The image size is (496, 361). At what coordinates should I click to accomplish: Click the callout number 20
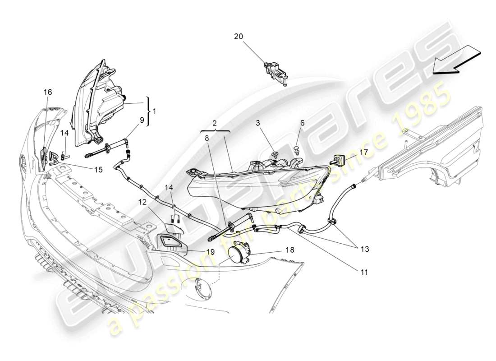tap(239, 37)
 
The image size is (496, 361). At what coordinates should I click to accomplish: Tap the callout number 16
tap(47, 92)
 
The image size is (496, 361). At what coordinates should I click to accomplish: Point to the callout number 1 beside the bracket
tap(155, 111)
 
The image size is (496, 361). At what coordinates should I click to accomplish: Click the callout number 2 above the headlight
tap(215, 123)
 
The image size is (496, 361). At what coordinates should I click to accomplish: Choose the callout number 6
tap(302, 123)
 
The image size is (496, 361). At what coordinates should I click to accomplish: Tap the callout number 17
tap(364, 152)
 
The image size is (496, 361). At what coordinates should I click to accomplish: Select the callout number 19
tap(211, 252)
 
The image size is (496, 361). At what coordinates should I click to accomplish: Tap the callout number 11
tap(364, 272)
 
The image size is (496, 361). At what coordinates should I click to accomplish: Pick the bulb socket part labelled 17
tap(340, 159)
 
